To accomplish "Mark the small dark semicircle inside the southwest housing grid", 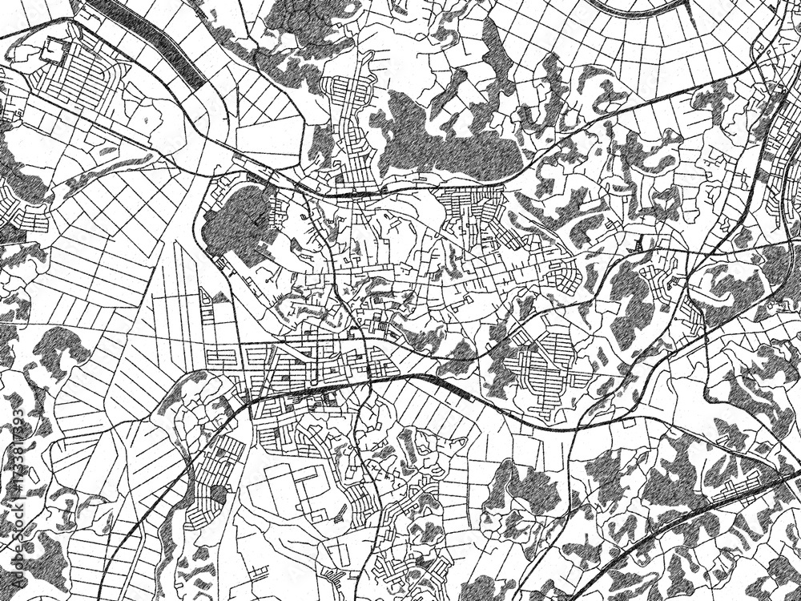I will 216,495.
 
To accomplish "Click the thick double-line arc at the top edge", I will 641,10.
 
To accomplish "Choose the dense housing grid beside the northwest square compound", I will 84,80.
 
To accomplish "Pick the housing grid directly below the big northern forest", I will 469,208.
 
